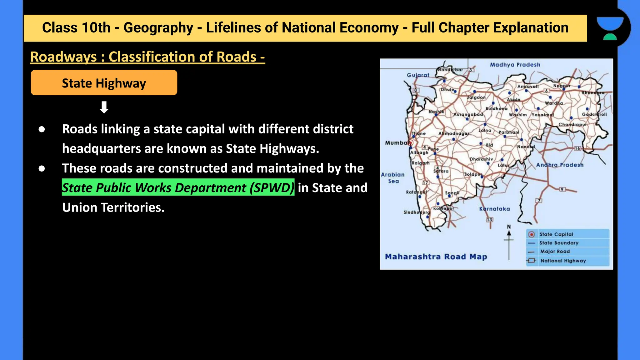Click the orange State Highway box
(104, 83)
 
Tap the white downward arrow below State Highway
(104, 107)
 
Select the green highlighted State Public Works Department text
(178, 187)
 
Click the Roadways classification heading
(147, 57)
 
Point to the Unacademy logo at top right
(610, 28)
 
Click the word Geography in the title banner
(158, 28)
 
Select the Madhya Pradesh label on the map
(515, 65)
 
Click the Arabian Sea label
(393, 178)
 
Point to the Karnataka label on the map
(494, 209)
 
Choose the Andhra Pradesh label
(560, 165)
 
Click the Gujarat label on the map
(418, 75)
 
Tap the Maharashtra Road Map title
(436, 257)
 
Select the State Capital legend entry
(556, 234)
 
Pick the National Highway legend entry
(563, 261)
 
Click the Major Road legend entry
(555, 251)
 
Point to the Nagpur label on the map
(562, 86)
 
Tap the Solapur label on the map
(473, 174)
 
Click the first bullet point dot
(42, 129)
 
